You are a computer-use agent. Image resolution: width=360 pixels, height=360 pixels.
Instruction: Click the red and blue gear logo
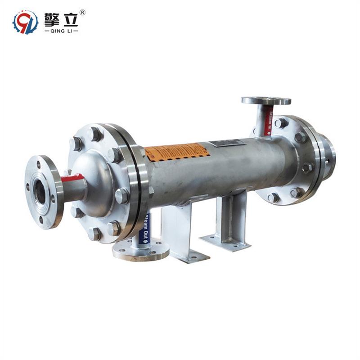point(25,22)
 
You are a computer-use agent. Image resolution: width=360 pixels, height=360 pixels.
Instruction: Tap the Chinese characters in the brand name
point(61,18)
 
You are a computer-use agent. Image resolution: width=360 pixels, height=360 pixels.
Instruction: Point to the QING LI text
point(61,31)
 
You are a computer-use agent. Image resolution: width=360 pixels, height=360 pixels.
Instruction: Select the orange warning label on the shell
point(177,152)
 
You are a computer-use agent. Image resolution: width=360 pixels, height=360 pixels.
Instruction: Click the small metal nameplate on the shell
point(227,144)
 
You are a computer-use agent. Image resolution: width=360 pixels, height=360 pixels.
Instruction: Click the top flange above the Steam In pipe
point(266,100)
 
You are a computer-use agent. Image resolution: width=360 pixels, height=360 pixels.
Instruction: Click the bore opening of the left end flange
point(40,192)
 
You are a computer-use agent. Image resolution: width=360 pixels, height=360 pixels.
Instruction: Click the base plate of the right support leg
point(225,242)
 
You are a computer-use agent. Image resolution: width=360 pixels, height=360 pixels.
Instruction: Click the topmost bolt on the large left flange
point(95,134)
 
